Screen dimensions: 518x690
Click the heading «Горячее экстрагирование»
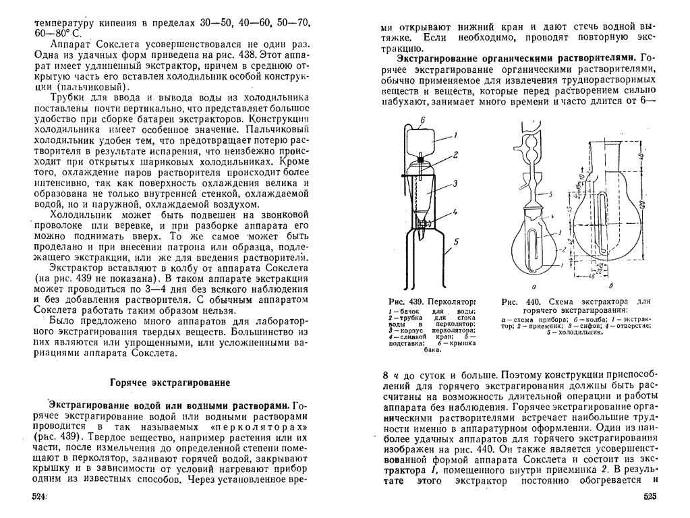pos(170,382)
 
